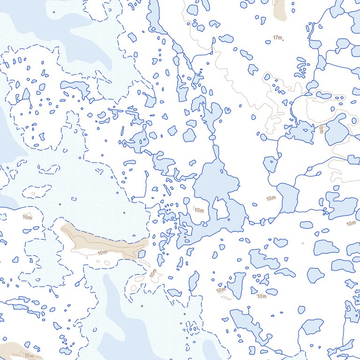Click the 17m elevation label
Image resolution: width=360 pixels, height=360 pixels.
click(277, 37)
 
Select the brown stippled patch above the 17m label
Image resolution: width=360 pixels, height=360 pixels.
click(280, 8)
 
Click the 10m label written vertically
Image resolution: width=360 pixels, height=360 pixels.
click(321, 129)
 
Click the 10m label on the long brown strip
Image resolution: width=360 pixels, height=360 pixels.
click(103, 253)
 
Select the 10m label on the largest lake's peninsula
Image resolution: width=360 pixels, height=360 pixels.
click(199, 210)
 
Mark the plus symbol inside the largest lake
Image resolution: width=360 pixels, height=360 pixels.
click(186, 239)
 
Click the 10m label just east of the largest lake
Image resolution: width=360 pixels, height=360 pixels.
click(270, 199)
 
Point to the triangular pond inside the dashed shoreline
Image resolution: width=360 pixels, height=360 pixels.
click(26, 94)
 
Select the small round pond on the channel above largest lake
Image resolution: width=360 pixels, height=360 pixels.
click(212, 137)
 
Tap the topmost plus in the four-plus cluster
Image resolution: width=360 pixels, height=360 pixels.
click(184, 314)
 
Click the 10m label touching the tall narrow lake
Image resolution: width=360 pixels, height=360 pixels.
click(221, 291)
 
